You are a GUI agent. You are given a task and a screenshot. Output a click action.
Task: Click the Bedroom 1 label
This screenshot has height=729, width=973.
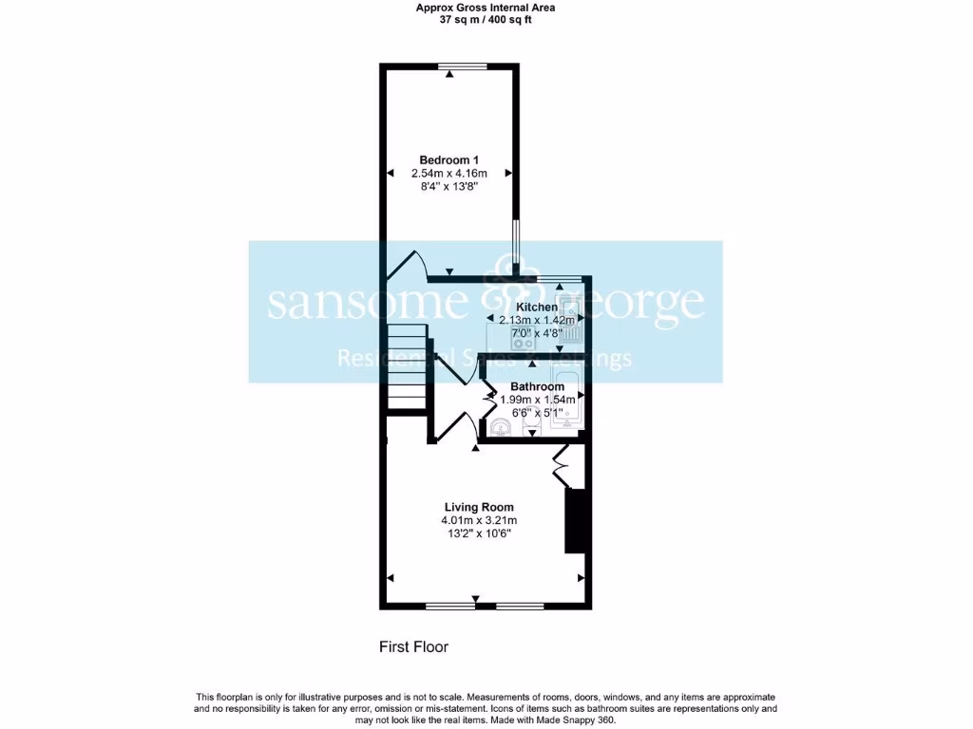(x=449, y=159)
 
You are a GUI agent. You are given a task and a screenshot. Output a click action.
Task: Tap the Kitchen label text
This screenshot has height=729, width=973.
(x=536, y=308)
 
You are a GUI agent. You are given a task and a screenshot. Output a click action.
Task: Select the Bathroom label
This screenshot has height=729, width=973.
(x=538, y=386)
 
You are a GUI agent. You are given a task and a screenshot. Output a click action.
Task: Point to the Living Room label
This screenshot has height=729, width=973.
(x=479, y=507)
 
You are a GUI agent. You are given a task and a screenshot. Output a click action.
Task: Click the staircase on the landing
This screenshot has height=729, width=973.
(x=406, y=365)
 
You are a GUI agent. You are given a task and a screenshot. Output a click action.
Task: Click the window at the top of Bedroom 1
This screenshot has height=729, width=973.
(x=463, y=65)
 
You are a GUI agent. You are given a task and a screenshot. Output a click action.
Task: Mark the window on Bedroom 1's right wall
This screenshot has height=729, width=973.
(x=516, y=245)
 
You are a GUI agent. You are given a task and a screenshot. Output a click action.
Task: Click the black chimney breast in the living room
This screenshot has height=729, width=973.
(x=576, y=520)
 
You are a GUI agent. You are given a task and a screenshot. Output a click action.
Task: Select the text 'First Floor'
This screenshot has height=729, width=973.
(x=413, y=647)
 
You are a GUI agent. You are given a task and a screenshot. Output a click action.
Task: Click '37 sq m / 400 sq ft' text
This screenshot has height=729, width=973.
(x=486, y=19)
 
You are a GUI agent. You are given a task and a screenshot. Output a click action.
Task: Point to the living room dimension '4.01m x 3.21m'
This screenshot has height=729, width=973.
(x=479, y=520)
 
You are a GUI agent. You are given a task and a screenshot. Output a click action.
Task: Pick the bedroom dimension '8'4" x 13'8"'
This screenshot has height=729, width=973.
(x=449, y=187)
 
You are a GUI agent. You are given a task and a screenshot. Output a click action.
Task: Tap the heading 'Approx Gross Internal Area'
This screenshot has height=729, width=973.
(x=486, y=8)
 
